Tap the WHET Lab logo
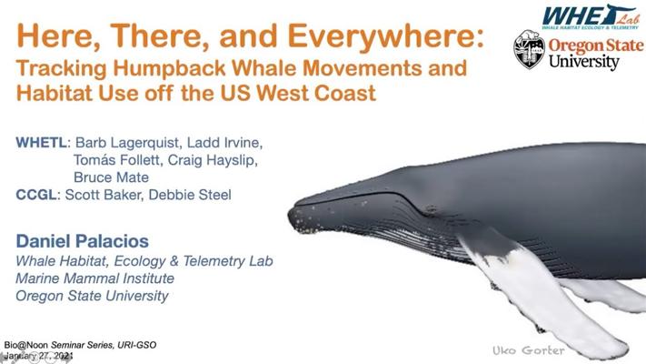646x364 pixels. click(x=591, y=17)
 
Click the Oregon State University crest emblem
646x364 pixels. click(x=530, y=49)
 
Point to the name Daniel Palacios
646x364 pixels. click(x=83, y=241)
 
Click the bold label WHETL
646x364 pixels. click(x=41, y=143)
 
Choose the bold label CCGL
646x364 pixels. click(x=35, y=195)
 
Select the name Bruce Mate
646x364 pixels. click(x=111, y=177)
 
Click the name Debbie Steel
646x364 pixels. click(x=190, y=195)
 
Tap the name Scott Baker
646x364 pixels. click(x=102, y=195)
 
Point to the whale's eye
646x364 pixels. click(x=432, y=209)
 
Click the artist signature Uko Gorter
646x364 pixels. click(x=529, y=350)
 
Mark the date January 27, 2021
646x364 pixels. click(x=39, y=356)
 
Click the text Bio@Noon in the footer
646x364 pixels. click(x=26, y=345)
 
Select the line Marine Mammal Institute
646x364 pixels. click(x=94, y=278)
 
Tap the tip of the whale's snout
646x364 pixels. click(x=290, y=216)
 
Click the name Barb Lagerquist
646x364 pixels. click(x=127, y=143)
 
